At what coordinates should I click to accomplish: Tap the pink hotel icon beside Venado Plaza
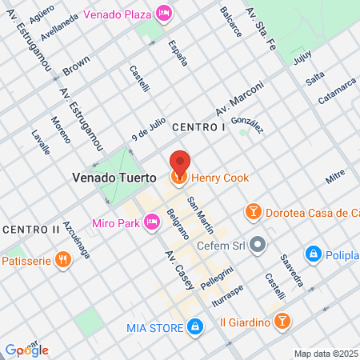(165, 12)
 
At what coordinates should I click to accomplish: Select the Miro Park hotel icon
(151, 221)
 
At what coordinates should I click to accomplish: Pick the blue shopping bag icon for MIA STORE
(194, 326)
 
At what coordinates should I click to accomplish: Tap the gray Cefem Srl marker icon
(258, 244)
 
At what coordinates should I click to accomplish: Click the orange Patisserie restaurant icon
(62, 259)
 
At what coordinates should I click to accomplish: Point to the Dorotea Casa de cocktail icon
(253, 212)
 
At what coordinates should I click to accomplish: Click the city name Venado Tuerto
(115, 177)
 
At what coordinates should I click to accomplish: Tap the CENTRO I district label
(198, 128)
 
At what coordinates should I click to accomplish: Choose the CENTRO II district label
(30, 230)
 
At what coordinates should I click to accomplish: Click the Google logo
(27, 350)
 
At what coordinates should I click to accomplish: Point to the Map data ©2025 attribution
(326, 354)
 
